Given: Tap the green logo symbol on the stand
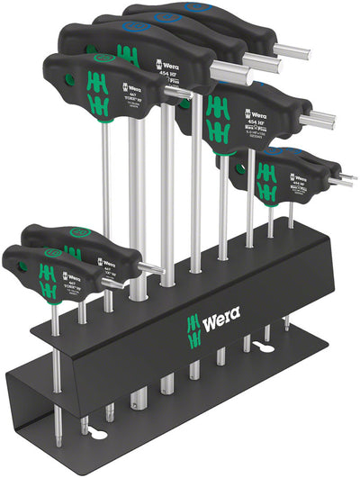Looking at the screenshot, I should pyautogui.click(x=192, y=324).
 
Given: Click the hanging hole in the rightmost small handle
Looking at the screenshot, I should pyautogui.click(x=240, y=167).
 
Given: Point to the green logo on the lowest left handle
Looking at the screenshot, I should pyautogui.click(x=42, y=276).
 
